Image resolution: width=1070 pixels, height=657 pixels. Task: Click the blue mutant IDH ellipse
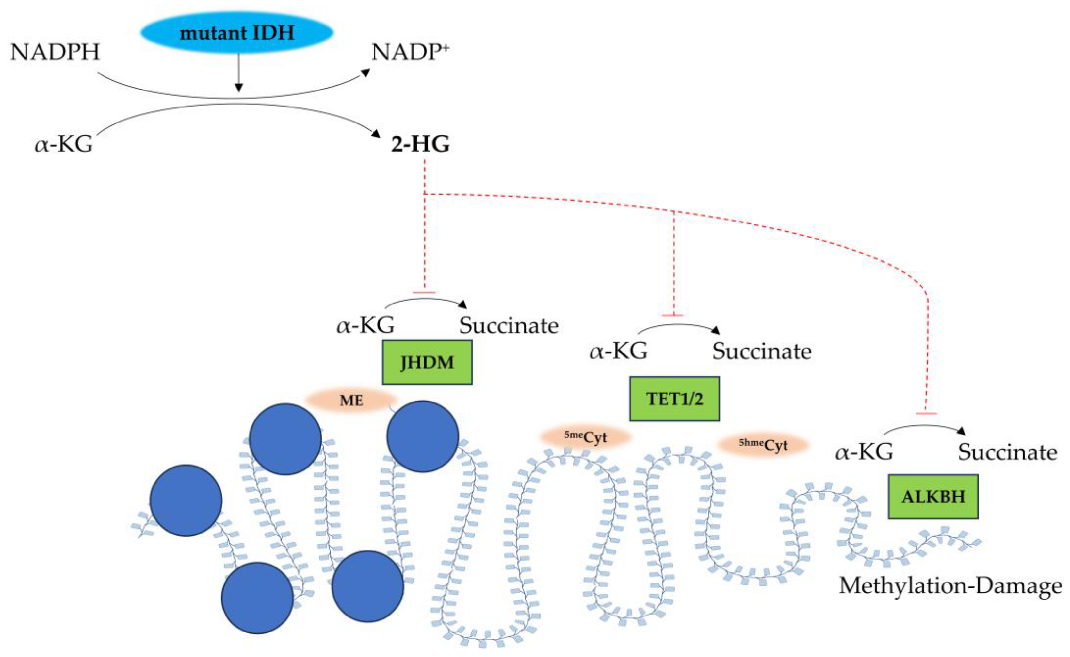237,33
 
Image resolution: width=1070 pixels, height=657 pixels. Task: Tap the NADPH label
55,52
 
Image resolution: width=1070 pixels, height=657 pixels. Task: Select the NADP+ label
410,52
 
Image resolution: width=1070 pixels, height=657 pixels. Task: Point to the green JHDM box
427,362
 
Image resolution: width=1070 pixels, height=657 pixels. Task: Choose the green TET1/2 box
674,399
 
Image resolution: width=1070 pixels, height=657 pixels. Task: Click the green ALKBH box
933,496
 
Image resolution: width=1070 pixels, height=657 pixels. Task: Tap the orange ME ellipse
351,400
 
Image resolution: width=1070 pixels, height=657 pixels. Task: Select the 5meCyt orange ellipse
585,437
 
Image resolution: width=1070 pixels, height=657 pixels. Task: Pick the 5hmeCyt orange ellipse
763,444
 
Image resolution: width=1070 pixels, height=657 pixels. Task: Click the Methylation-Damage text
950,585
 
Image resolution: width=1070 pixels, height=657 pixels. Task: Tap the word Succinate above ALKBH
1007,452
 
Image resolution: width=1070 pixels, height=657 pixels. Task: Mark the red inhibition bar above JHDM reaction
424,293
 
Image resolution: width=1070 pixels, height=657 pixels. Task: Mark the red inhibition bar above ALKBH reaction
926,413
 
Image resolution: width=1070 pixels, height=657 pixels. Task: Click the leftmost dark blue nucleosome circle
186,501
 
